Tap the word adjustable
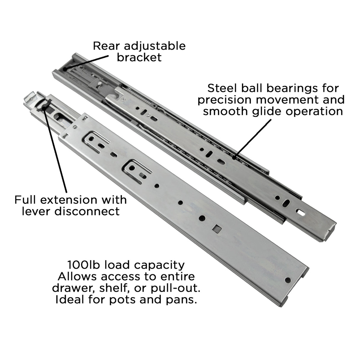click(x=155, y=47)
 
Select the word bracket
click(x=139, y=57)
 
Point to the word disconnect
click(x=87, y=211)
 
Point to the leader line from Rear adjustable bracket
click(x=86, y=63)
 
